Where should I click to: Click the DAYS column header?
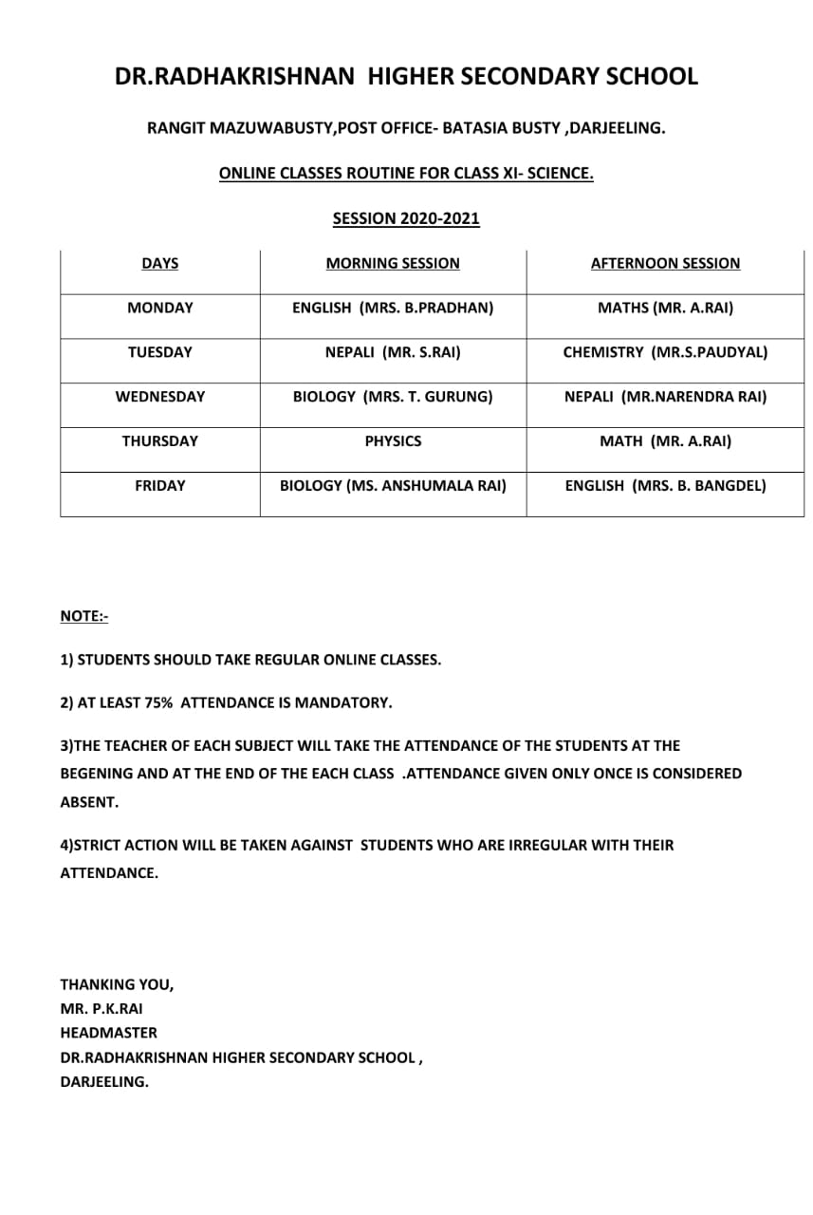click(159, 264)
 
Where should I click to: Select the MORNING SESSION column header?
click(393, 264)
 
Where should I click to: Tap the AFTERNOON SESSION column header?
click(665, 264)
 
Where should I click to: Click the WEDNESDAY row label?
click(159, 397)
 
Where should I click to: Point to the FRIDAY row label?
click(159, 486)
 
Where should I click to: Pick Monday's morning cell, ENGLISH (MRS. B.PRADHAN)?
click(393, 308)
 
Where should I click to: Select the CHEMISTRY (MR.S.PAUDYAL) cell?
click(665, 352)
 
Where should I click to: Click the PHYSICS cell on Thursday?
click(393, 441)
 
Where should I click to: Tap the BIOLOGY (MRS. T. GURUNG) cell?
click(393, 397)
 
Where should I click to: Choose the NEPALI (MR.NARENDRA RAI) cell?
click(665, 397)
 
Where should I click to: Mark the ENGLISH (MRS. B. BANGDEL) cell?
click(665, 486)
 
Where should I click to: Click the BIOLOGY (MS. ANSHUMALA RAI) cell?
click(393, 486)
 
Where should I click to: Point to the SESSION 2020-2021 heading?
click(406, 219)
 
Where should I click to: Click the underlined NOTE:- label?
click(84, 617)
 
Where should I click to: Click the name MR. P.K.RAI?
click(102, 1009)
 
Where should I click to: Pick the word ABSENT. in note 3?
click(89, 802)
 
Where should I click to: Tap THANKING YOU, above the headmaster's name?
click(117, 984)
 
